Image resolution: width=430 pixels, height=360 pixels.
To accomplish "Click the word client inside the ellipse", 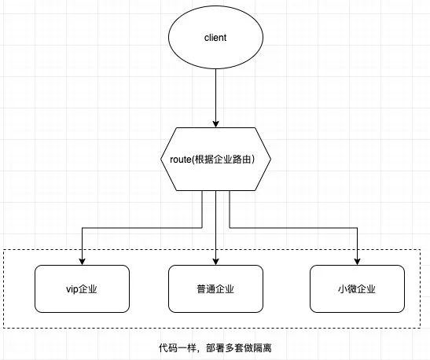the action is pyautogui.click(x=215, y=38).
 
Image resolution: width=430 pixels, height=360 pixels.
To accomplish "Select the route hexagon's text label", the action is pyautogui.click(x=212, y=160).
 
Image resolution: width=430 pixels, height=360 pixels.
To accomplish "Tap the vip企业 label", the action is pyautogui.click(x=82, y=289).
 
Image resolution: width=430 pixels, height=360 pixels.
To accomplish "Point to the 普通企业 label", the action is pyautogui.click(x=215, y=289).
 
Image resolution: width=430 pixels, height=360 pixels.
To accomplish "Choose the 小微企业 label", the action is pyautogui.click(x=357, y=289).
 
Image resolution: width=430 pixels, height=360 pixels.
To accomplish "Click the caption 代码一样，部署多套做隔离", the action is pyautogui.click(x=215, y=348).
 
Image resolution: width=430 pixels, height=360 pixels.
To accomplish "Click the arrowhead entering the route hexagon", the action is pyautogui.click(x=216, y=124).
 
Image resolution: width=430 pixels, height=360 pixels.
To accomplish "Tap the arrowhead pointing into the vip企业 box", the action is pyautogui.click(x=83, y=262).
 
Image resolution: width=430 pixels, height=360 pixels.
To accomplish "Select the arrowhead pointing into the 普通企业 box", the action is pyautogui.click(x=216, y=262).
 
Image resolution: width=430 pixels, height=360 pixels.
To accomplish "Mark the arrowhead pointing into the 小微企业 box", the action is pyautogui.click(x=357, y=262).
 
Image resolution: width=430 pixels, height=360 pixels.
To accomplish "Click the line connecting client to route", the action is pyautogui.click(x=216, y=98).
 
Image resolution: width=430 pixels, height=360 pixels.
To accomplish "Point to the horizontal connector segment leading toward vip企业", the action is pyautogui.click(x=142, y=228).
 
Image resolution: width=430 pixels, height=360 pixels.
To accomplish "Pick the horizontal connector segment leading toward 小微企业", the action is pyautogui.click(x=293, y=228).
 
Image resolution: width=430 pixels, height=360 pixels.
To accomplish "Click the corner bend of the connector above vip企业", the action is pyautogui.click(x=83, y=228).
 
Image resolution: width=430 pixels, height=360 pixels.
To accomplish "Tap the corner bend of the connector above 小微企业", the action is pyautogui.click(x=357, y=228).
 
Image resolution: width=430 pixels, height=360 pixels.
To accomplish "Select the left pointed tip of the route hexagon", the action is pyautogui.click(x=161, y=159).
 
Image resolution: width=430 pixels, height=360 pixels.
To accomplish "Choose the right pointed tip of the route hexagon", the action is pyautogui.click(x=270, y=159).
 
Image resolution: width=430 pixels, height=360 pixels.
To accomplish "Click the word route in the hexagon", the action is pyautogui.click(x=181, y=160).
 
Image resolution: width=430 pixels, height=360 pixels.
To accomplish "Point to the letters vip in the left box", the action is pyautogui.click(x=72, y=290).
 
